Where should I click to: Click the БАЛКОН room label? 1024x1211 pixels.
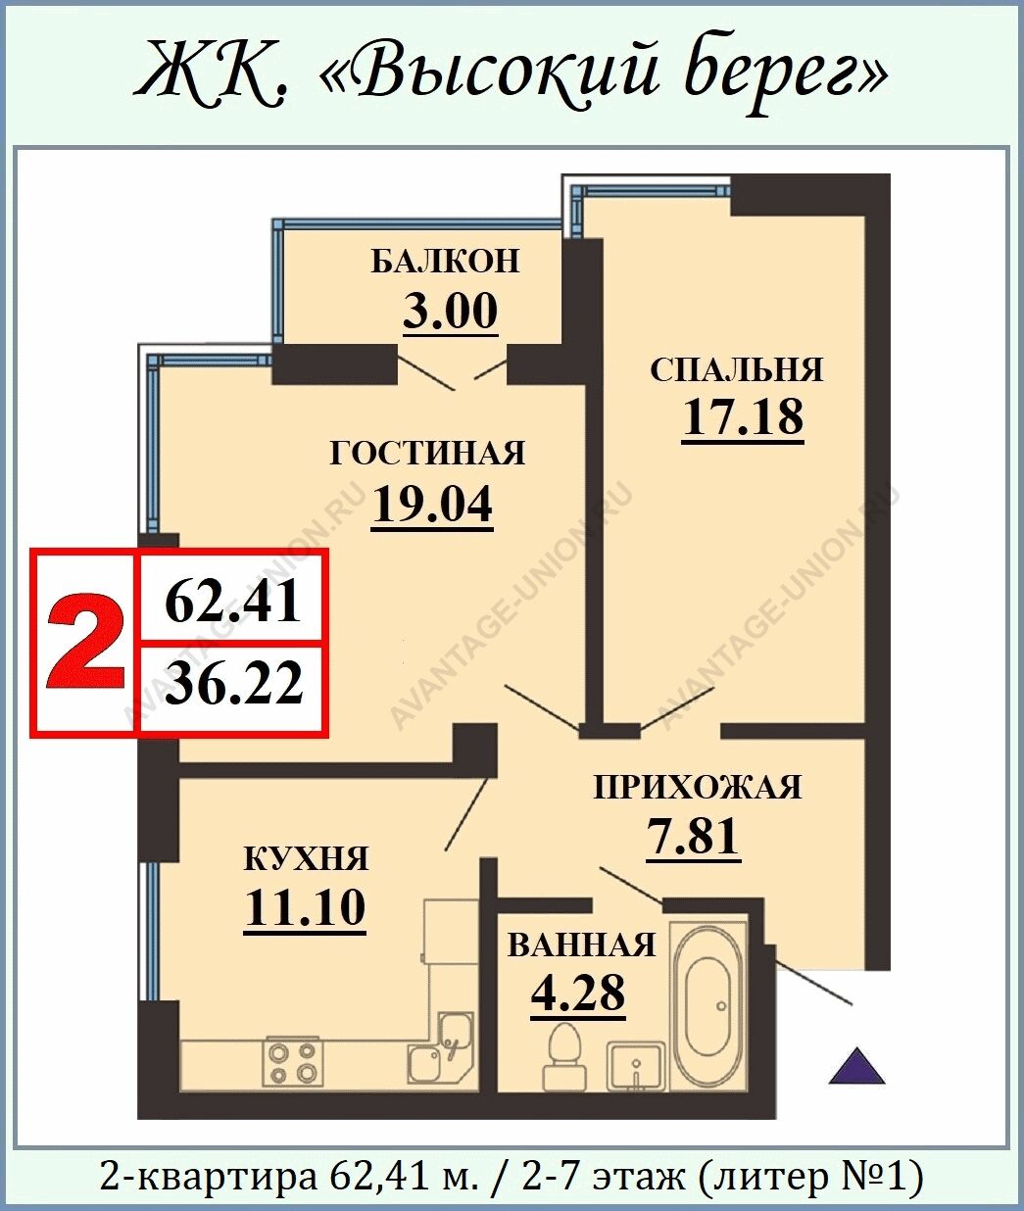[445, 262]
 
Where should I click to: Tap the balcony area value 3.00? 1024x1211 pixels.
[451, 312]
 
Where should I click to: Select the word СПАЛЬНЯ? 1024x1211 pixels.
[737, 369]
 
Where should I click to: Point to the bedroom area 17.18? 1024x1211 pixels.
[743, 416]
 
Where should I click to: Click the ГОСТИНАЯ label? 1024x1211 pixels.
[427, 454]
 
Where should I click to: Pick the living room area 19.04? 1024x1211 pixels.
[432, 505]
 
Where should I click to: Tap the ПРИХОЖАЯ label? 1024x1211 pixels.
[697, 788]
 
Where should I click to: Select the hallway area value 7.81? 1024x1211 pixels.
[694, 837]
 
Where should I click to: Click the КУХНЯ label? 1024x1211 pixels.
[305, 859]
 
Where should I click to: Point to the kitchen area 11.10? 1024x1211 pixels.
[305, 907]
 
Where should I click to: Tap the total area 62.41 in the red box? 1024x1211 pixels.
[233, 603]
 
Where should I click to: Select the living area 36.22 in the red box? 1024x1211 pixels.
[234, 683]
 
